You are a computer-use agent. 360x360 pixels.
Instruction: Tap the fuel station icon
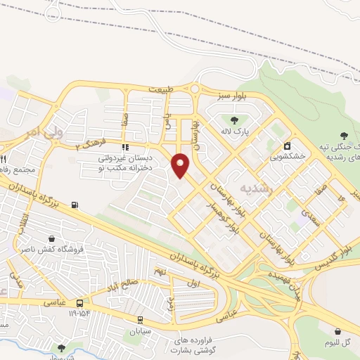coord(75,206)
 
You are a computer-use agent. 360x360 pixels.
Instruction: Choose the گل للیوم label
coord(339,344)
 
